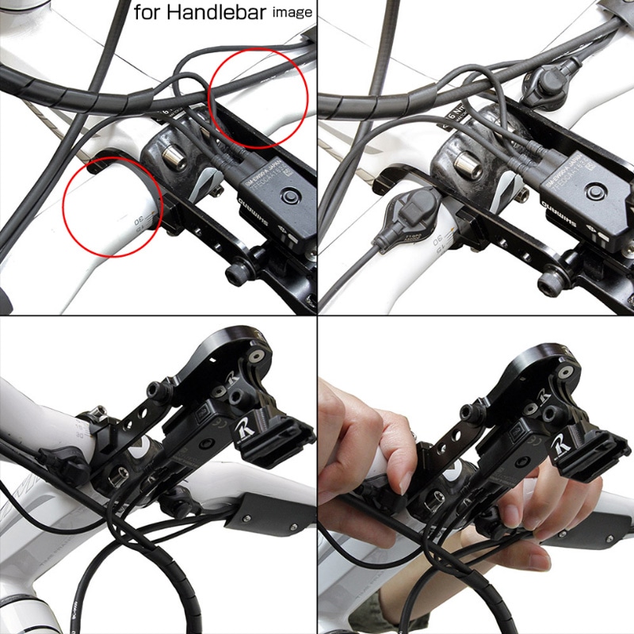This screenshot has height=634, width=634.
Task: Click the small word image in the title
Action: coord(292,13)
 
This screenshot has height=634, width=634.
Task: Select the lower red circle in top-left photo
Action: coord(112,207)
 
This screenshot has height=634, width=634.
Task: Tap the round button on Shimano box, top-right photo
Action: coord(595,193)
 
